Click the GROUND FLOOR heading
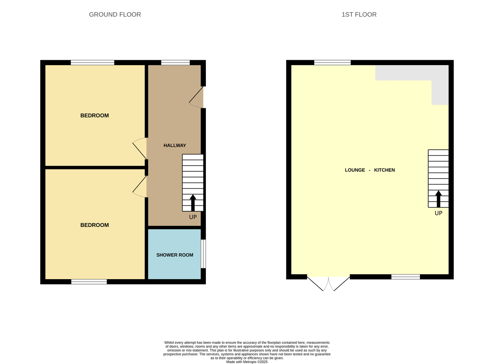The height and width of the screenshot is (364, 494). [x=115, y=14]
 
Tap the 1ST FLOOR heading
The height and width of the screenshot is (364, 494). [x=359, y=14]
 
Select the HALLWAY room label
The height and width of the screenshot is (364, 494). [x=175, y=145]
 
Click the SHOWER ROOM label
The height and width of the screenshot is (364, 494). [x=175, y=255]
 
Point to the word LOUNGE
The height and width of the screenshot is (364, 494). [x=355, y=170]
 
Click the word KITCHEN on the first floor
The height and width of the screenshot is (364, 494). [x=384, y=170]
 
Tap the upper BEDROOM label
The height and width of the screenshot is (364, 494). [x=94, y=115]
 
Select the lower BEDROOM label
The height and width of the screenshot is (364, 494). [x=94, y=225]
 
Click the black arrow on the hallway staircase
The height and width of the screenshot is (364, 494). [x=193, y=203]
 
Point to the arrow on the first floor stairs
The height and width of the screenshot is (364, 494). [x=438, y=199]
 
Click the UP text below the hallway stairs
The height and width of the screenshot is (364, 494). [x=193, y=217]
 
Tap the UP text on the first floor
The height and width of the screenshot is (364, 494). [x=438, y=213]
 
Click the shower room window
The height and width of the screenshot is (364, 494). [x=203, y=254]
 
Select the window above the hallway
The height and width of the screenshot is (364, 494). [x=175, y=63]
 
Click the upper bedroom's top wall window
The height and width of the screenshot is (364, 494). [x=92, y=63]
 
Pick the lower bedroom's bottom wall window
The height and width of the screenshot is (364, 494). [x=89, y=282]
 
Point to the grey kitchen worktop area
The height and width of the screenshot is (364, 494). [x=412, y=73]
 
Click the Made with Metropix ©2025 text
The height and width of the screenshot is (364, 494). [x=247, y=362]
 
